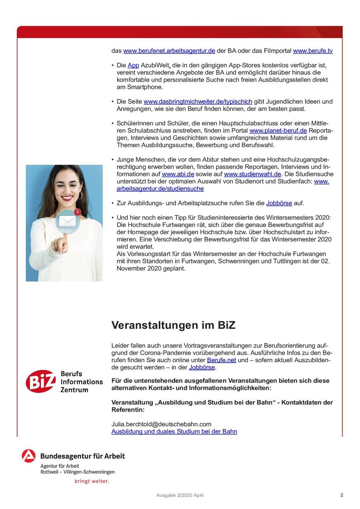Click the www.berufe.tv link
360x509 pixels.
(312, 51)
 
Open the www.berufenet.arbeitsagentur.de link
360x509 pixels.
(169, 51)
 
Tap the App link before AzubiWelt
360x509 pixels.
(133, 66)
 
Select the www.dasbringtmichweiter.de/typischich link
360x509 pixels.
(198, 102)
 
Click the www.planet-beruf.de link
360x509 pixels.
(278, 131)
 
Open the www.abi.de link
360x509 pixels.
(178, 174)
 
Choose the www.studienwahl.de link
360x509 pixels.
(253, 174)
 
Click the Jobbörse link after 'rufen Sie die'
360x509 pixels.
(279, 203)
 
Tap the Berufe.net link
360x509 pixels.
(221, 361)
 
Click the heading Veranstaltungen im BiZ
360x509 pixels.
(173, 325)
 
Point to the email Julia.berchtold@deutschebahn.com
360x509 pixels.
(161, 424)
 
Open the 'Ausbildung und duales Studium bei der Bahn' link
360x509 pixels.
(174, 431)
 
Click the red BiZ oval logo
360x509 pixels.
(40, 381)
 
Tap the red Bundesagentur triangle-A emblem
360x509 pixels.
(29, 456)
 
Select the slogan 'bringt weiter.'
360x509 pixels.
(91, 481)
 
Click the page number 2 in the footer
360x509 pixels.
(341, 495)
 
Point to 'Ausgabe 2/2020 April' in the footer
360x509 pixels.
(183, 495)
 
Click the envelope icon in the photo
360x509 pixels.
(67, 221)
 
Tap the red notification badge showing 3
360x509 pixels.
(77, 212)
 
